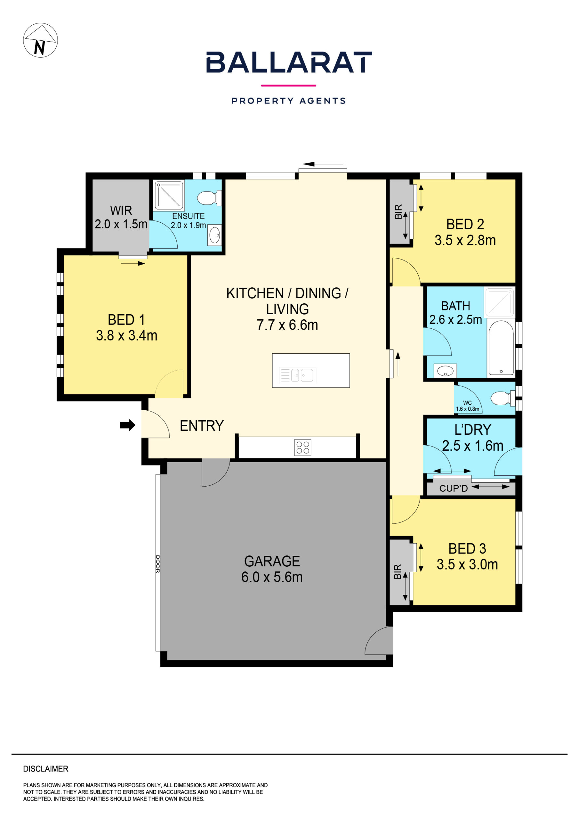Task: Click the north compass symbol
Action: coord(40,40)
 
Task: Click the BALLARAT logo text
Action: coord(289,62)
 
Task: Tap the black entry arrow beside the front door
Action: coord(127,425)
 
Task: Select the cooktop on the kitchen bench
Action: coord(303,447)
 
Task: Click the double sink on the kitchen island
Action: coord(297,375)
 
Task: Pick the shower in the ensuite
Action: coord(169,195)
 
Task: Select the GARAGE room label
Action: coord(272,561)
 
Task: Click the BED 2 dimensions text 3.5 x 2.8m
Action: coord(465,240)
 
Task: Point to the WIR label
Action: coord(121,210)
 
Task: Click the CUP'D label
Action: coord(453,488)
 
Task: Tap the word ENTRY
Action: coord(202,426)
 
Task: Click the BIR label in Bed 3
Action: coord(398,572)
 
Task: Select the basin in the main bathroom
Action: coord(445,371)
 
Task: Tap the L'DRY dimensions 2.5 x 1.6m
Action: coord(473,446)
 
